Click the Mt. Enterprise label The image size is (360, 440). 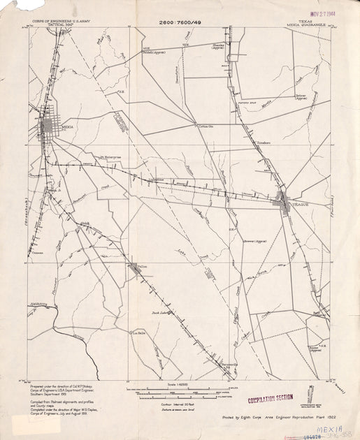(x=111, y=157)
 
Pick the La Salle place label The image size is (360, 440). (x=139, y=332)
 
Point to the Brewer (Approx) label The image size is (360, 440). (x=256, y=241)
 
